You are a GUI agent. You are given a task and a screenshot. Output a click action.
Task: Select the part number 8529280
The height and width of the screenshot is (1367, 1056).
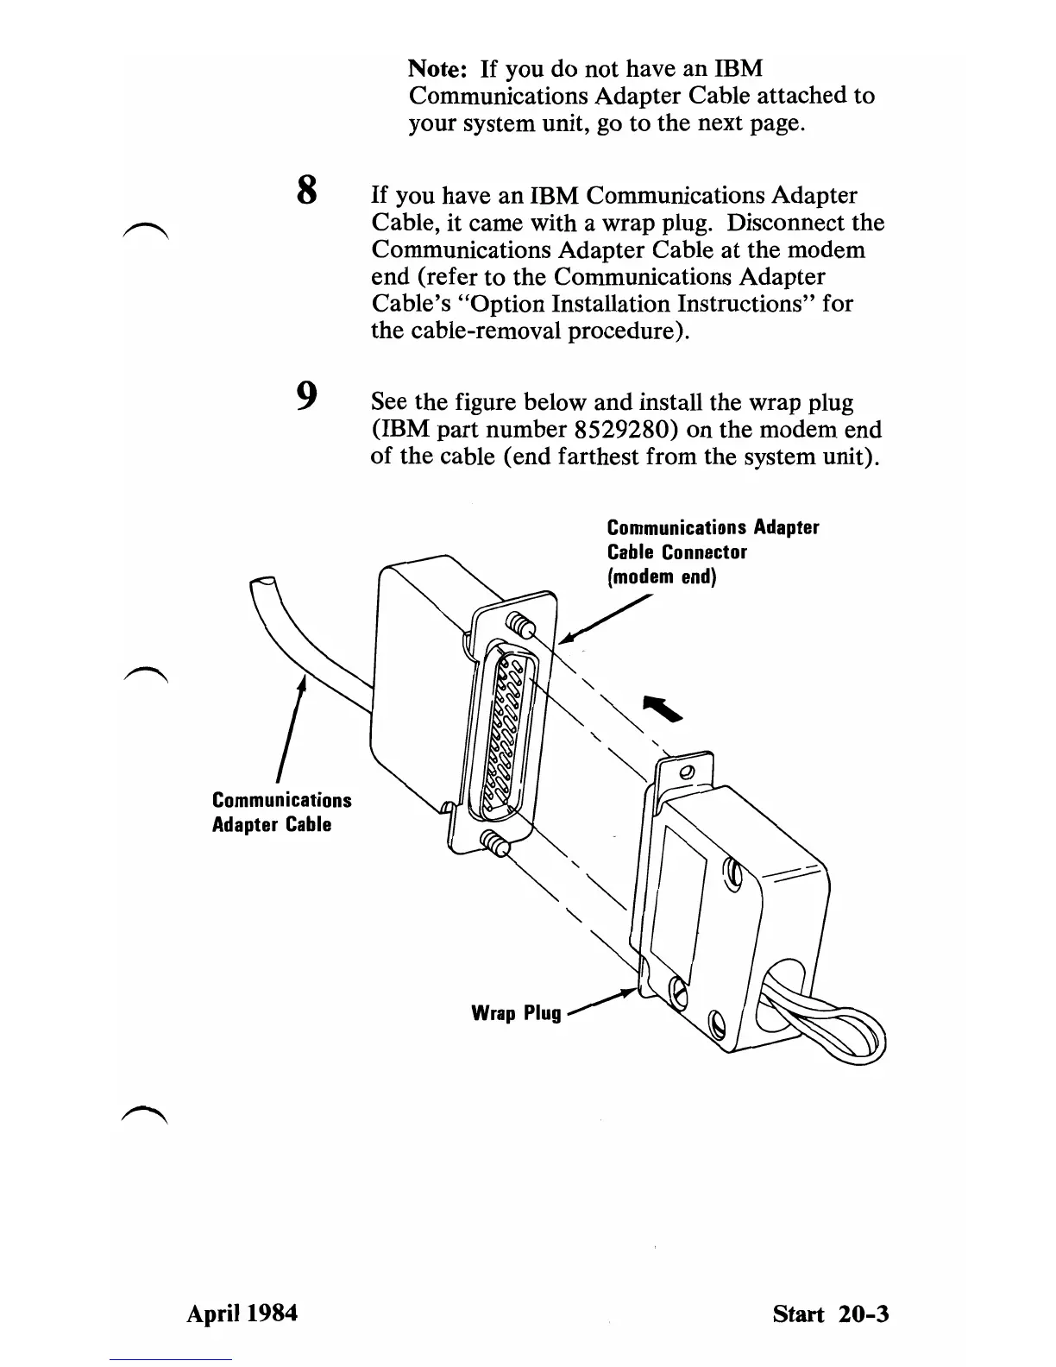(x=625, y=430)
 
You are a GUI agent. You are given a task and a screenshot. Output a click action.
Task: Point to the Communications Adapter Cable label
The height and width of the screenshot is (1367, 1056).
(x=281, y=811)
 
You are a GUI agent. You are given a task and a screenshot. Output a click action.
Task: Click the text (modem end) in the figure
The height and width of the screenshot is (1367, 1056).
(x=662, y=576)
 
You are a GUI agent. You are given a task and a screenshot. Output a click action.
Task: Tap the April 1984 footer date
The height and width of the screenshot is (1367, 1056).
(x=242, y=1313)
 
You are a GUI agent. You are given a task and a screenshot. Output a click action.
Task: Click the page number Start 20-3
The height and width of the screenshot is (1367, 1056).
(x=830, y=1313)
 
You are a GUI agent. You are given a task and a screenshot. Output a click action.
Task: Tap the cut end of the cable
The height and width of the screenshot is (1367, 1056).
(x=261, y=584)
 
